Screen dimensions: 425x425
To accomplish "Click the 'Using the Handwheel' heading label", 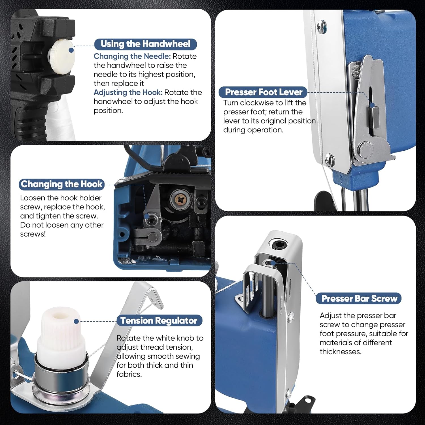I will pyautogui.click(x=145, y=44).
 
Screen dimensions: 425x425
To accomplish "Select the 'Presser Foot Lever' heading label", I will pyautogui.click(x=263, y=92).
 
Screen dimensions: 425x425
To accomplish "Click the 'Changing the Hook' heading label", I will pyautogui.click(x=61, y=184).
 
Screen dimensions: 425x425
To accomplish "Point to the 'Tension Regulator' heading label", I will pyautogui.click(x=159, y=320).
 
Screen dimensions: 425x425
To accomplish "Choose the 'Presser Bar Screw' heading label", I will pyautogui.click(x=359, y=298).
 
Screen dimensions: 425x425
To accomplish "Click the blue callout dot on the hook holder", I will pyautogui.click(x=146, y=216).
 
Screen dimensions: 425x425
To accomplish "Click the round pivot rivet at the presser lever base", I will pyautogui.click(x=365, y=149).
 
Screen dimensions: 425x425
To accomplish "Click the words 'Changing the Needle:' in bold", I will pyautogui.click(x=132, y=56).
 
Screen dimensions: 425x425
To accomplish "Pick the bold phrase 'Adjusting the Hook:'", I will pyautogui.click(x=128, y=93).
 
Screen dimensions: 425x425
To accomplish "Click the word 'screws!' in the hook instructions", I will pyautogui.click(x=33, y=234).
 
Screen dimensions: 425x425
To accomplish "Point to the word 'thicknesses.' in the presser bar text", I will pyautogui.click(x=341, y=352).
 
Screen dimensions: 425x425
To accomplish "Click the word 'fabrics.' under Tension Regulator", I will pyautogui.click(x=129, y=374).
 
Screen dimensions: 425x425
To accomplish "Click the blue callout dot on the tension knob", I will pyautogui.click(x=76, y=321).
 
